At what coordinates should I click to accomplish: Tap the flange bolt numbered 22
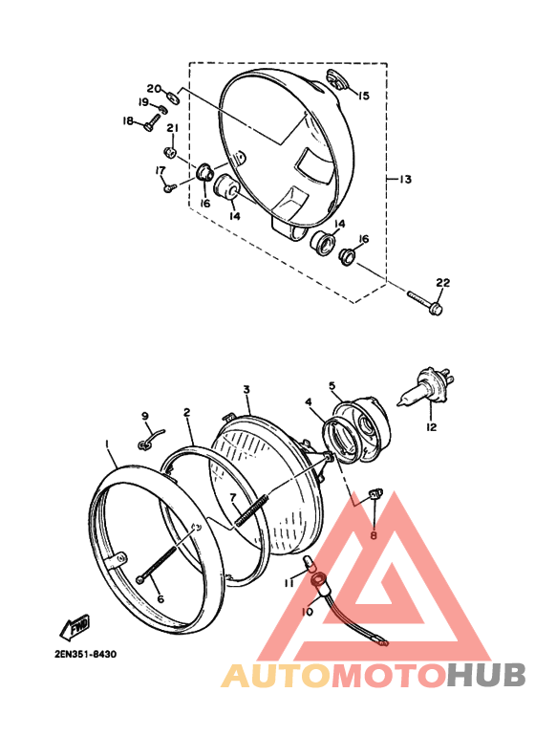(426, 302)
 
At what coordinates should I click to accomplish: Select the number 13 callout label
(405, 180)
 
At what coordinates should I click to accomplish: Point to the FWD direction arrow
(75, 626)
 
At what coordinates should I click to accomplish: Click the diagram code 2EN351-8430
(85, 654)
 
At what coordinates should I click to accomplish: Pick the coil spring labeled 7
(252, 509)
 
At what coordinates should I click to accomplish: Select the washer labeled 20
(173, 97)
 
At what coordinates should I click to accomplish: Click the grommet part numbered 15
(335, 79)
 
